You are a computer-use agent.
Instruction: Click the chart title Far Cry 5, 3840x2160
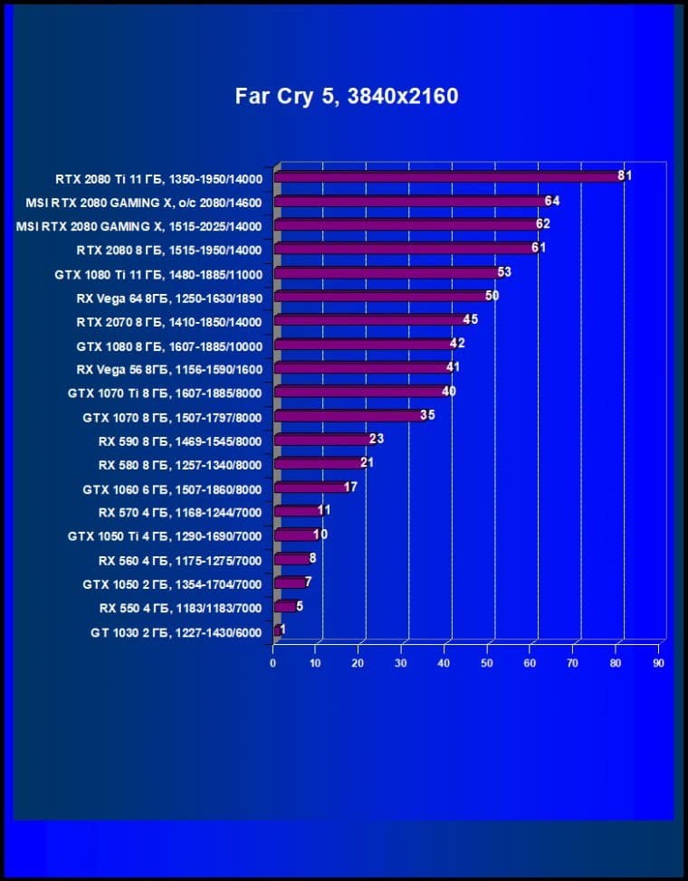(x=347, y=96)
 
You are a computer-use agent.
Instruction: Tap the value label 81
(x=625, y=175)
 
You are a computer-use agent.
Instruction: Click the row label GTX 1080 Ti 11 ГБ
(x=158, y=273)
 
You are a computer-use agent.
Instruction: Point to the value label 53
(x=504, y=271)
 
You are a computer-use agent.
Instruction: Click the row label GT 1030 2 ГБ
(x=176, y=632)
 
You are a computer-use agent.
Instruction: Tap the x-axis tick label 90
(x=658, y=663)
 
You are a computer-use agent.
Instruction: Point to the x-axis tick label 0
(x=273, y=663)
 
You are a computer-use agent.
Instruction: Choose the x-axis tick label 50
(x=488, y=663)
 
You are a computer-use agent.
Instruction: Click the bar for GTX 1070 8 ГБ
(x=349, y=416)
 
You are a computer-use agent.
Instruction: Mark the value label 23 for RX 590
(x=377, y=439)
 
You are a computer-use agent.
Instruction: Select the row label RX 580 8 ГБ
(x=179, y=465)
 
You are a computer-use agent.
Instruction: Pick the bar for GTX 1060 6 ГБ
(x=310, y=488)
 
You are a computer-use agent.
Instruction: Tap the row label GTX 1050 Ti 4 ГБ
(x=164, y=536)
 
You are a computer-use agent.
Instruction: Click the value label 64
(x=552, y=200)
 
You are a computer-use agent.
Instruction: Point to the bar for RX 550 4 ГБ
(x=284, y=607)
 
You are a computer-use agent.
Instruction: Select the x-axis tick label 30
(x=402, y=663)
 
